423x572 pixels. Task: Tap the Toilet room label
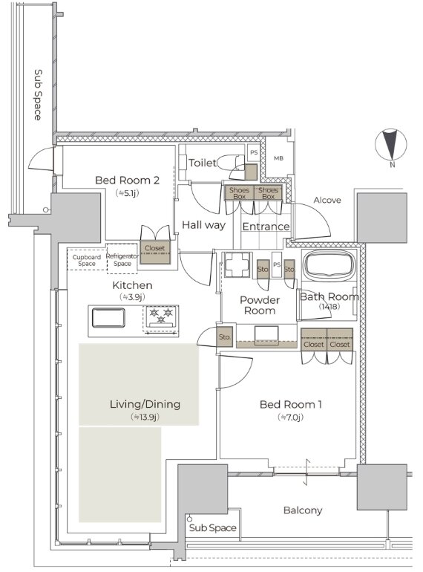(x=202, y=163)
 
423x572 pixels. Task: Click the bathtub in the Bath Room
(x=330, y=265)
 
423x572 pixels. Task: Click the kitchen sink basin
(x=108, y=317)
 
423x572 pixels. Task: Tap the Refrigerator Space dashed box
(x=122, y=259)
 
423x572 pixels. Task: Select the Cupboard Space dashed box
(x=86, y=259)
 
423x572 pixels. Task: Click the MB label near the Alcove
(x=278, y=158)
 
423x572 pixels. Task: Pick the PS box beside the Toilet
(x=254, y=152)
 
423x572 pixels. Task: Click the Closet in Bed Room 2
(x=155, y=252)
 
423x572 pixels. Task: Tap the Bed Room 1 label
(x=290, y=404)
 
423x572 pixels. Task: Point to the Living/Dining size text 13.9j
(x=145, y=417)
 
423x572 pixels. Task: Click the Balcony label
(x=303, y=510)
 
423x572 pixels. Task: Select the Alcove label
(x=327, y=200)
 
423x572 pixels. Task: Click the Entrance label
(x=266, y=227)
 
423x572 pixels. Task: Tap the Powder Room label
(x=260, y=305)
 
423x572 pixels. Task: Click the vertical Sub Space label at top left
(x=38, y=95)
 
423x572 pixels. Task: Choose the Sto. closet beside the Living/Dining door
(x=224, y=337)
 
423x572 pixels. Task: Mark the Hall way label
(x=203, y=225)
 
